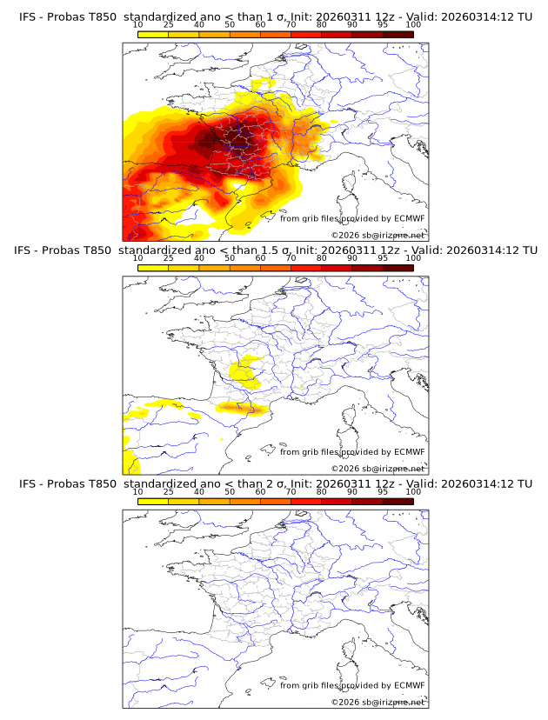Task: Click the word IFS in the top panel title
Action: (x=29, y=17)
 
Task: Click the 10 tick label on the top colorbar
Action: (x=138, y=25)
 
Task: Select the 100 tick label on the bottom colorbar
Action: (x=413, y=491)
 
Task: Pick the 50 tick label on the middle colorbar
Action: (x=230, y=258)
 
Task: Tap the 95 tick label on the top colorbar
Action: (x=383, y=25)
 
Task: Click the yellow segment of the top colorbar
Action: (x=153, y=35)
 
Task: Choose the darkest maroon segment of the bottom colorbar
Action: (x=398, y=501)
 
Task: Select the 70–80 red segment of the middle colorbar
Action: (x=306, y=268)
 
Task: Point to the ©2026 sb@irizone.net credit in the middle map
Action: (x=378, y=469)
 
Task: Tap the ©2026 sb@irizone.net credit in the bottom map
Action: (x=378, y=702)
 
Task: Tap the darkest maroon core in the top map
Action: (x=209, y=139)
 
